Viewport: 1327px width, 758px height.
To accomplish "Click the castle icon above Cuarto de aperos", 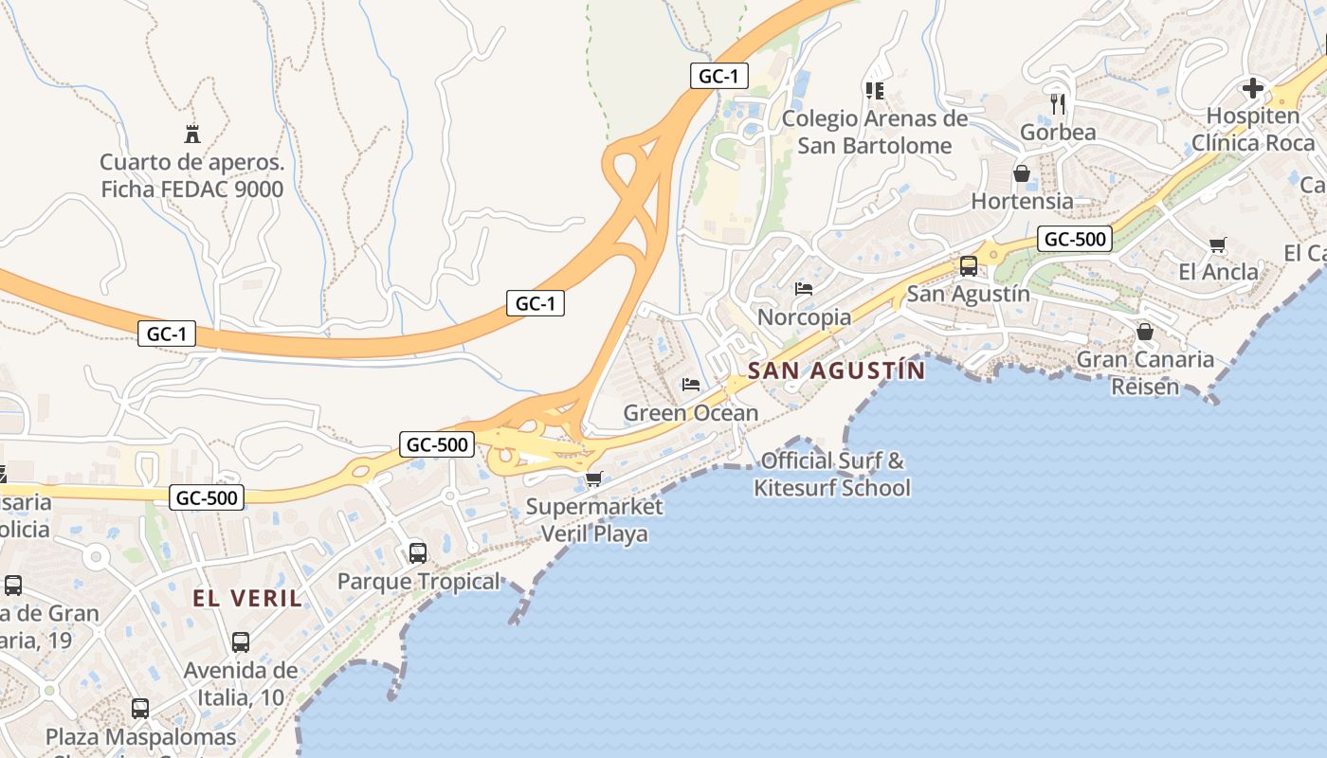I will click(192, 134).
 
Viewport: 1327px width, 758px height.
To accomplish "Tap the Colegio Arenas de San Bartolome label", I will click(875, 132).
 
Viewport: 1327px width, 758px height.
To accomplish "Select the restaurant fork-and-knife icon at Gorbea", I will click(1058, 102).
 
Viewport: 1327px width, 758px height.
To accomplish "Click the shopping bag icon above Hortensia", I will click(1022, 173).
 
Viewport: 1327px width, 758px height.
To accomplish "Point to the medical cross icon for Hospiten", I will click(1253, 89).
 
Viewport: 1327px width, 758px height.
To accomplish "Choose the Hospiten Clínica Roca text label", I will click(1253, 130).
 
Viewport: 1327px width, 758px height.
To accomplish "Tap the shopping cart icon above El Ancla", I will click(1218, 245).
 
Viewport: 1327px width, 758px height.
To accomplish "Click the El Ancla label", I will click(1218, 273).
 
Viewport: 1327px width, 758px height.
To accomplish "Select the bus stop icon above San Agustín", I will click(968, 266).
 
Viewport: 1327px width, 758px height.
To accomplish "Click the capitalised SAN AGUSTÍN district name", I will click(836, 370).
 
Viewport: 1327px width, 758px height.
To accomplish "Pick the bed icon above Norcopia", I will click(804, 289).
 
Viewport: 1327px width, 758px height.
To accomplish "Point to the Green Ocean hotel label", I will click(690, 413).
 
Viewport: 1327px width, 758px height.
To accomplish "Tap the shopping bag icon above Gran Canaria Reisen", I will click(1145, 332).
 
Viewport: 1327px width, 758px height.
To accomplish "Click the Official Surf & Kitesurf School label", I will click(832, 475).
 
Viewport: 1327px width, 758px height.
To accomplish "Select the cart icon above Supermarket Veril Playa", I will click(593, 478).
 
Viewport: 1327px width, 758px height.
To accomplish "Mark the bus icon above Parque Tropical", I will click(417, 552).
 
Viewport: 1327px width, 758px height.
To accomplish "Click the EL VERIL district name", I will click(247, 599).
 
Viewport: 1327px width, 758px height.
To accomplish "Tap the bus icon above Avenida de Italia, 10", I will click(241, 642).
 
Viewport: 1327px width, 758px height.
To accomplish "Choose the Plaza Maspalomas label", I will click(141, 737).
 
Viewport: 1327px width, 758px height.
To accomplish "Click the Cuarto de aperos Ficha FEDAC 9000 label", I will click(192, 175).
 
